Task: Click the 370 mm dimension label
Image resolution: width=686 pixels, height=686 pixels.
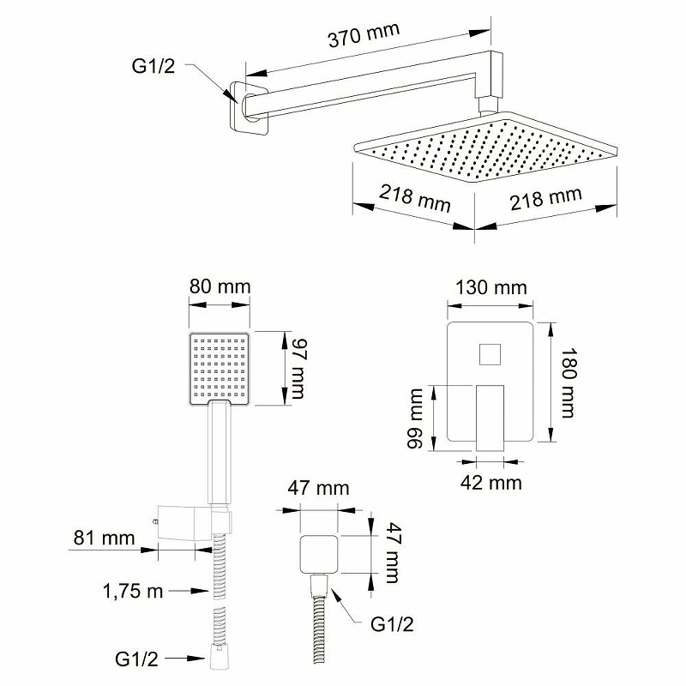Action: [364, 34]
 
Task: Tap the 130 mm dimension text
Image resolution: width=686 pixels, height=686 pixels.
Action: [490, 288]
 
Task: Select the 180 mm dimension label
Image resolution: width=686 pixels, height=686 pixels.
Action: [569, 382]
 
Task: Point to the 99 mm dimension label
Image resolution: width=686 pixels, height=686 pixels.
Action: [415, 418]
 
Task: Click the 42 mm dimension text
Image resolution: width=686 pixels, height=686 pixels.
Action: [490, 483]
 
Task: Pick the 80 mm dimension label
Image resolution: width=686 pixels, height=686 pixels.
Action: [220, 287]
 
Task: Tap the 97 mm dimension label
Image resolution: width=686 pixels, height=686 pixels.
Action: [298, 369]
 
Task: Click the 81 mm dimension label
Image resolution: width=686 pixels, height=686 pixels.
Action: [104, 539]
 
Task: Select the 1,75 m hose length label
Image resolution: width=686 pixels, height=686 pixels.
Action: [133, 592]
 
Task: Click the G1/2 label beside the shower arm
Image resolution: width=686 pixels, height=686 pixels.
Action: [153, 66]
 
